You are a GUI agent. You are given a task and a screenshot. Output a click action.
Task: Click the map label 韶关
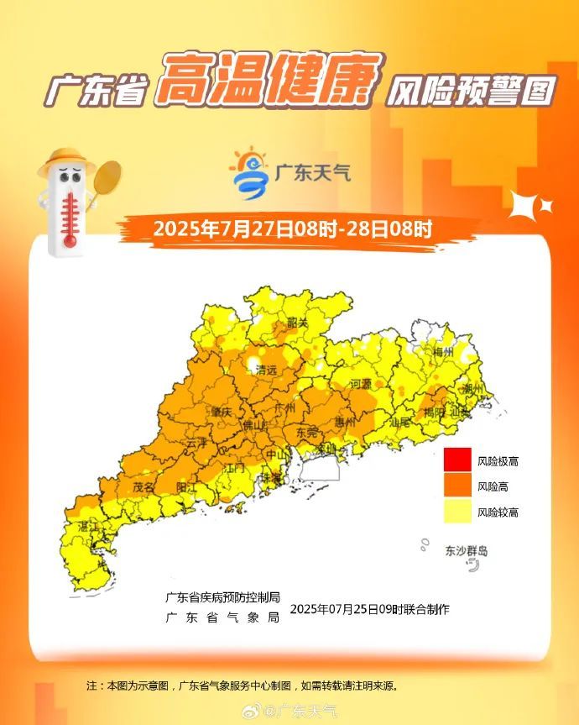click(298, 323)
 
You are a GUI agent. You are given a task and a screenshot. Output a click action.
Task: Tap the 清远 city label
click(267, 370)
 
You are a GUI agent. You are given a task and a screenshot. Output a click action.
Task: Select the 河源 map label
click(361, 383)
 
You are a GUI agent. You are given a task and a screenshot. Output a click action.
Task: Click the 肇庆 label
click(222, 412)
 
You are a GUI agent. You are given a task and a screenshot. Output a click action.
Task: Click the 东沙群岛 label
click(466, 551)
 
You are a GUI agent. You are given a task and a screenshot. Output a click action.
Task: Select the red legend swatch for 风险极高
click(456, 460)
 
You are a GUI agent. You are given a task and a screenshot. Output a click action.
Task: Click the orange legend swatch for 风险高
click(456, 486)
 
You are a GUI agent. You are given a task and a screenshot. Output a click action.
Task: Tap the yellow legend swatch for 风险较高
click(456, 511)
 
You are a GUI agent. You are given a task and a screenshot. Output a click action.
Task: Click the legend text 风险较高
click(498, 512)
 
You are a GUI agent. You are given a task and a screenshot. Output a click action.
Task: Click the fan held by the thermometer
click(107, 178)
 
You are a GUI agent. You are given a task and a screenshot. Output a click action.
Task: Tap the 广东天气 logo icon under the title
click(250, 174)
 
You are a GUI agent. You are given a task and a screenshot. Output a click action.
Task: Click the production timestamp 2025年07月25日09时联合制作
click(369, 609)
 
